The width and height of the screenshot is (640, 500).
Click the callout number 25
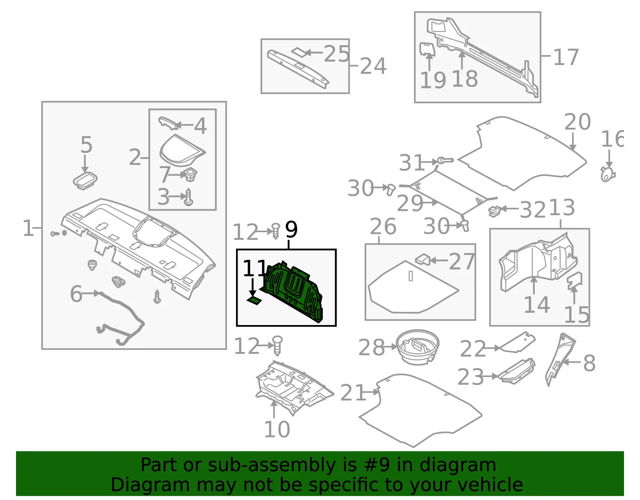click(x=337, y=54)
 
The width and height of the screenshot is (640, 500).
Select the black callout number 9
click(x=291, y=229)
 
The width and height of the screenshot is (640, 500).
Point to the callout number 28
click(x=371, y=347)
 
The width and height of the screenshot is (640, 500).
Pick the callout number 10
click(x=277, y=429)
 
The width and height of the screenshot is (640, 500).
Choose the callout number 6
click(x=76, y=294)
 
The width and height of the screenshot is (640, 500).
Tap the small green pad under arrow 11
click(x=254, y=301)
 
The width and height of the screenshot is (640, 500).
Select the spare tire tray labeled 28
click(x=417, y=347)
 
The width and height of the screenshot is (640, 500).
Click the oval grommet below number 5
click(x=85, y=181)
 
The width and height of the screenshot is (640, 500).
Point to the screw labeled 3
click(x=189, y=197)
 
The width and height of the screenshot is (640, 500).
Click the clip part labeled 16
click(x=608, y=175)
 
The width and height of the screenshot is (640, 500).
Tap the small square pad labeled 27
click(x=423, y=259)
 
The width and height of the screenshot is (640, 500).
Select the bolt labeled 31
click(x=445, y=160)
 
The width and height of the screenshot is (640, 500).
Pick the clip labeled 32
click(x=495, y=211)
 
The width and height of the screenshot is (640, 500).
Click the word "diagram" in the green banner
click(x=458, y=466)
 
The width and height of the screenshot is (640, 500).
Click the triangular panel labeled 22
click(x=518, y=342)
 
